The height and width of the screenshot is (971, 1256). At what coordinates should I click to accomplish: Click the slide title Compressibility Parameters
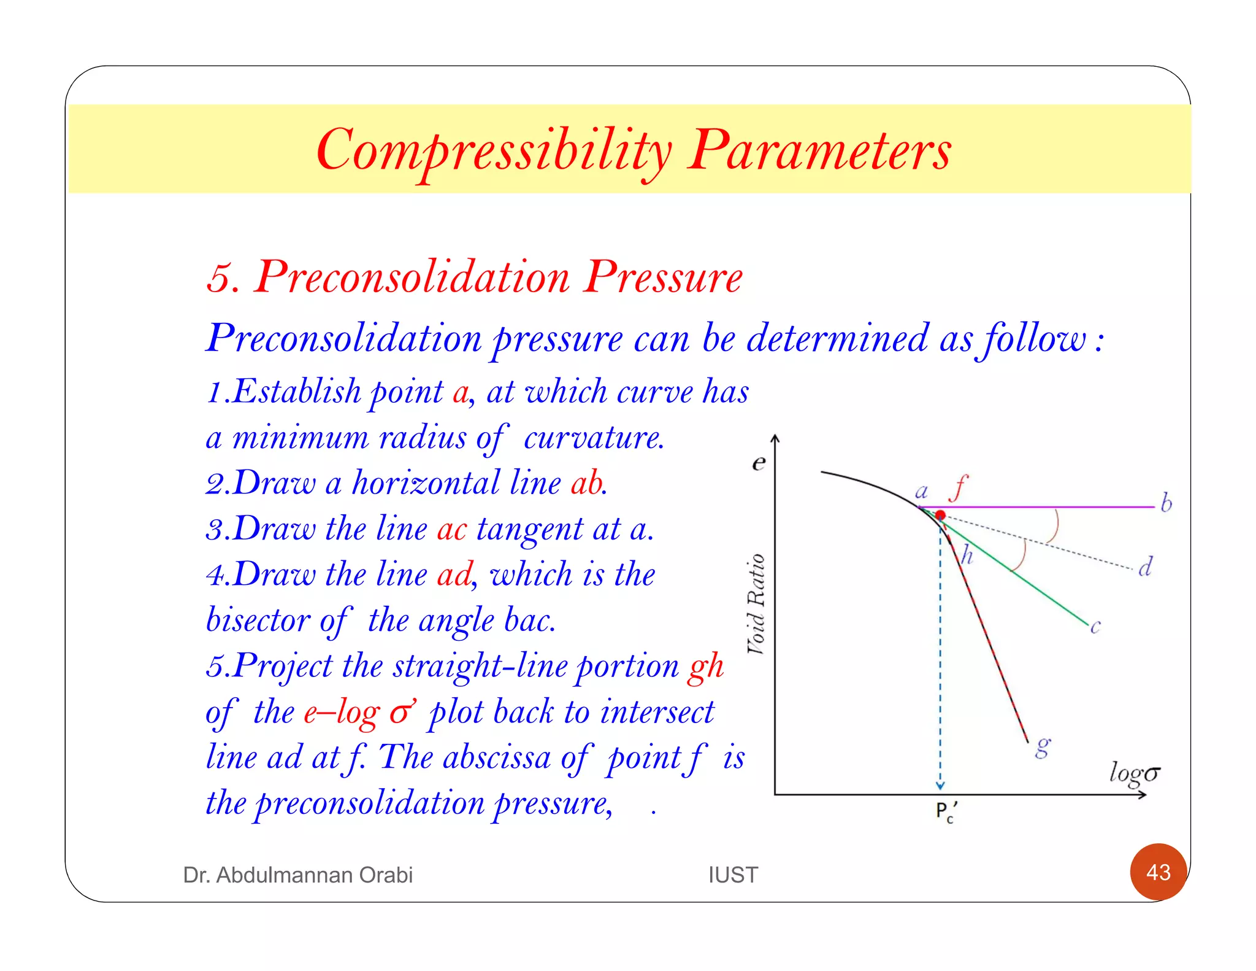point(633,150)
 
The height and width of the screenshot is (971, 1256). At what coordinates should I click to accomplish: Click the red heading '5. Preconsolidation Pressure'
point(474,277)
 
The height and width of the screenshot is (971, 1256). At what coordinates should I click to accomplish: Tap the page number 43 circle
point(1158,872)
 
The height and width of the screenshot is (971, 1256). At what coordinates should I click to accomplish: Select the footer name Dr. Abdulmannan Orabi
point(297,875)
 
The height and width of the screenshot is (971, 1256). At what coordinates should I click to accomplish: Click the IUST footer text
point(733,875)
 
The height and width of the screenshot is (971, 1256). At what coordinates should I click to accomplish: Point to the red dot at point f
point(940,515)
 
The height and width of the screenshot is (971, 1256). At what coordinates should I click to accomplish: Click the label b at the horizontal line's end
point(1166,503)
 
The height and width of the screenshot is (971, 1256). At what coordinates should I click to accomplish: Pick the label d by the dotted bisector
point(1145,567)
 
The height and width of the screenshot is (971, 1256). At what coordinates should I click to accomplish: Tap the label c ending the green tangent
point(1095,627)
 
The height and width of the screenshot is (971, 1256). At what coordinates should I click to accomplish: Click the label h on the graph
point(967,555)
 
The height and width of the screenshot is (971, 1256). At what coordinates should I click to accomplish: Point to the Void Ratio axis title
point(756,604)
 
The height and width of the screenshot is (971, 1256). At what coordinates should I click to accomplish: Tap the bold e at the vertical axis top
point(759,462)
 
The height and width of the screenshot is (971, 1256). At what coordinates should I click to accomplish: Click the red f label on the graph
point(958,488)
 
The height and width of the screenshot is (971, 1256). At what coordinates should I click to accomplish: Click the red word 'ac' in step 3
point(452,528)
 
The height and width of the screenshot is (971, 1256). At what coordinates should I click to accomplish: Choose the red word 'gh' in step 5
point(706,667)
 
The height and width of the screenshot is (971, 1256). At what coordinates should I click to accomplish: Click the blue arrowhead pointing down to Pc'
point(940,786)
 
